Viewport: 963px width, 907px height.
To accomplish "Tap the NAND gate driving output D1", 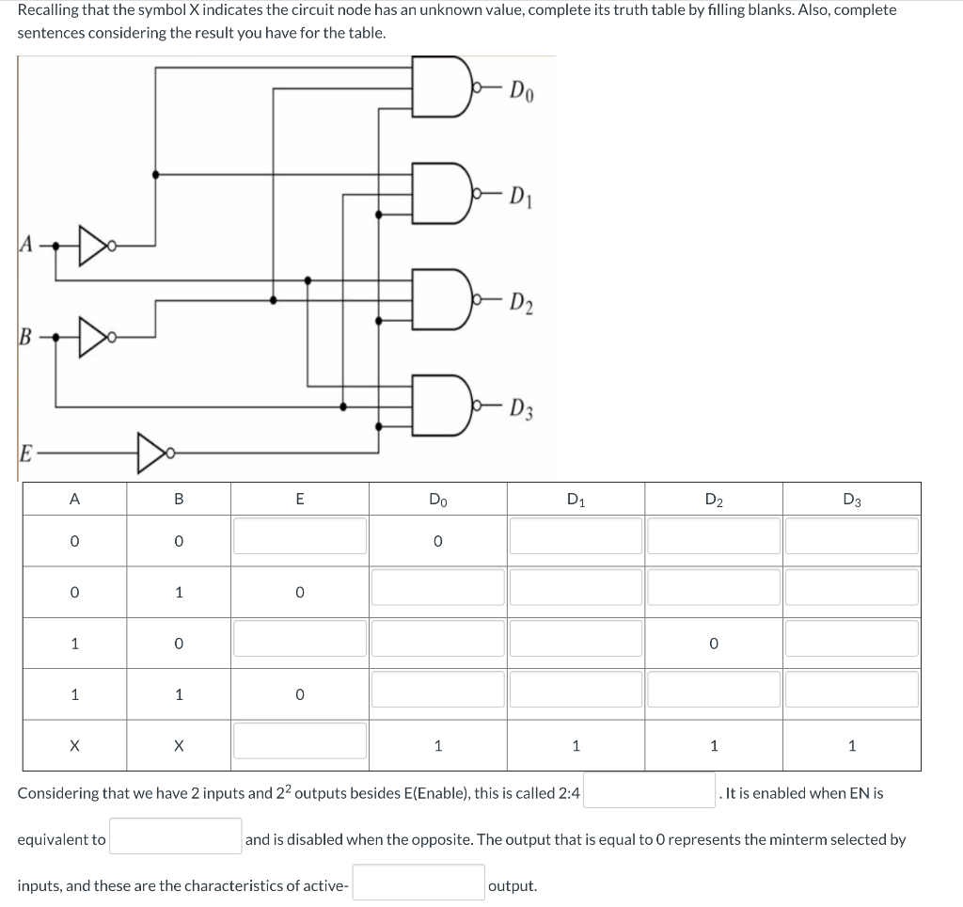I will (448, 198).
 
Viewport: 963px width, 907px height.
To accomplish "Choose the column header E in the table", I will (299, 500).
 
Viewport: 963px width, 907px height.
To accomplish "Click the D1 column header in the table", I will (576, 500).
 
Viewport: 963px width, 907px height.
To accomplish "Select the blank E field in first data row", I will (299, 536).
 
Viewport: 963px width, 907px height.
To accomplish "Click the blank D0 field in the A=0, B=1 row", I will (437, 588).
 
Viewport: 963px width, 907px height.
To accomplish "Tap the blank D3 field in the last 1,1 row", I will (851, 690).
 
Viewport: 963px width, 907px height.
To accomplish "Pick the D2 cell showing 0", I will (713, 644).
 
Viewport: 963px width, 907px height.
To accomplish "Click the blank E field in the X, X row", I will (299, 740).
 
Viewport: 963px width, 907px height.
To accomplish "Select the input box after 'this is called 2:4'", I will (649, 790).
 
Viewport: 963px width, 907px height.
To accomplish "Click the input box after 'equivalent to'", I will (176, 836).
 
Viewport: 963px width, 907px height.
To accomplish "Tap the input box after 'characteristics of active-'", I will (418, 883).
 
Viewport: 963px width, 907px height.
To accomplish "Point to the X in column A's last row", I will (73, 746).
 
